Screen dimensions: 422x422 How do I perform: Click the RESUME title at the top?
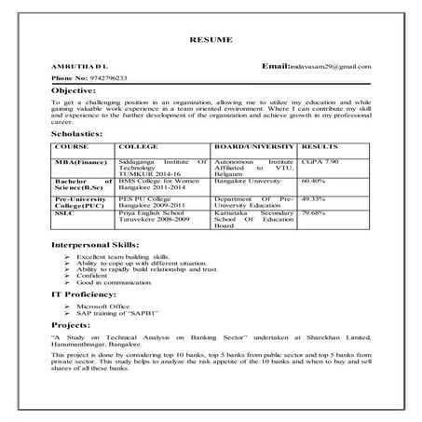pyautogui.click(x=211, y=41)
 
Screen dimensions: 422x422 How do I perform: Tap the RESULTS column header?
pyautogui.click(x=323, y=147)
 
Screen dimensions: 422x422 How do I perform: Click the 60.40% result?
pyautogui.click(x=320, y=181)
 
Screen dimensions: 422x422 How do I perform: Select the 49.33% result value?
pyautogui.click(x=320, y=198)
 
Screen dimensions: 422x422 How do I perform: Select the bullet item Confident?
pyautogui.click(x=92, y=276)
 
